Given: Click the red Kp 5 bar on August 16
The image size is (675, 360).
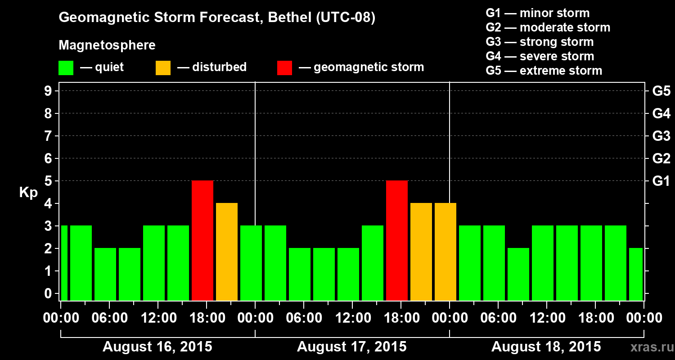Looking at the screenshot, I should click(x=202, y=240).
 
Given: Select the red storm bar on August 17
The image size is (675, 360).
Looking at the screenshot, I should click(x=397, y=240).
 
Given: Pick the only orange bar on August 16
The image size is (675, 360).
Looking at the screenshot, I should click(x=227, y=252).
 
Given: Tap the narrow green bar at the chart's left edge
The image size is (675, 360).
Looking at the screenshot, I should click(x=64, y=263).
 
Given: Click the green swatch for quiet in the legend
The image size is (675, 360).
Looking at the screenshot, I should click(x=66, y=68).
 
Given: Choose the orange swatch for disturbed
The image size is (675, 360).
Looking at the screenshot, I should click(x=163, y=68).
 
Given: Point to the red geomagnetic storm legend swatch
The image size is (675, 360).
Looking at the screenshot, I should click(x=284, y=68).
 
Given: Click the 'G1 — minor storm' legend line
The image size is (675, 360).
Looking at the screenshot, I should click(x=537, y=13).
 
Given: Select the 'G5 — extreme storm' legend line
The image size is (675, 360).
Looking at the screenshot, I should click(x=544, y=71).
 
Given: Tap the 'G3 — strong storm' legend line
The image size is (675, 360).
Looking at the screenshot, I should click(x=540, y=42).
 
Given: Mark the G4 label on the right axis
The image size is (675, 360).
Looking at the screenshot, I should click(x=661, y=113).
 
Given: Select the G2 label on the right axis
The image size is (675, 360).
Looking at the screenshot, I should click(x=661, y=158).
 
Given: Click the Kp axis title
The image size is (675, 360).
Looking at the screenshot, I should click(x=28, y=193).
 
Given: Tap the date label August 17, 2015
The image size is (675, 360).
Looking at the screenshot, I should click(x=352, y=347).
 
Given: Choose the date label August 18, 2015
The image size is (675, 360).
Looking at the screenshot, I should click(x=546, y=347).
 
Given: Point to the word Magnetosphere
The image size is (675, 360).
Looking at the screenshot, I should click(x=107, y=45).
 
